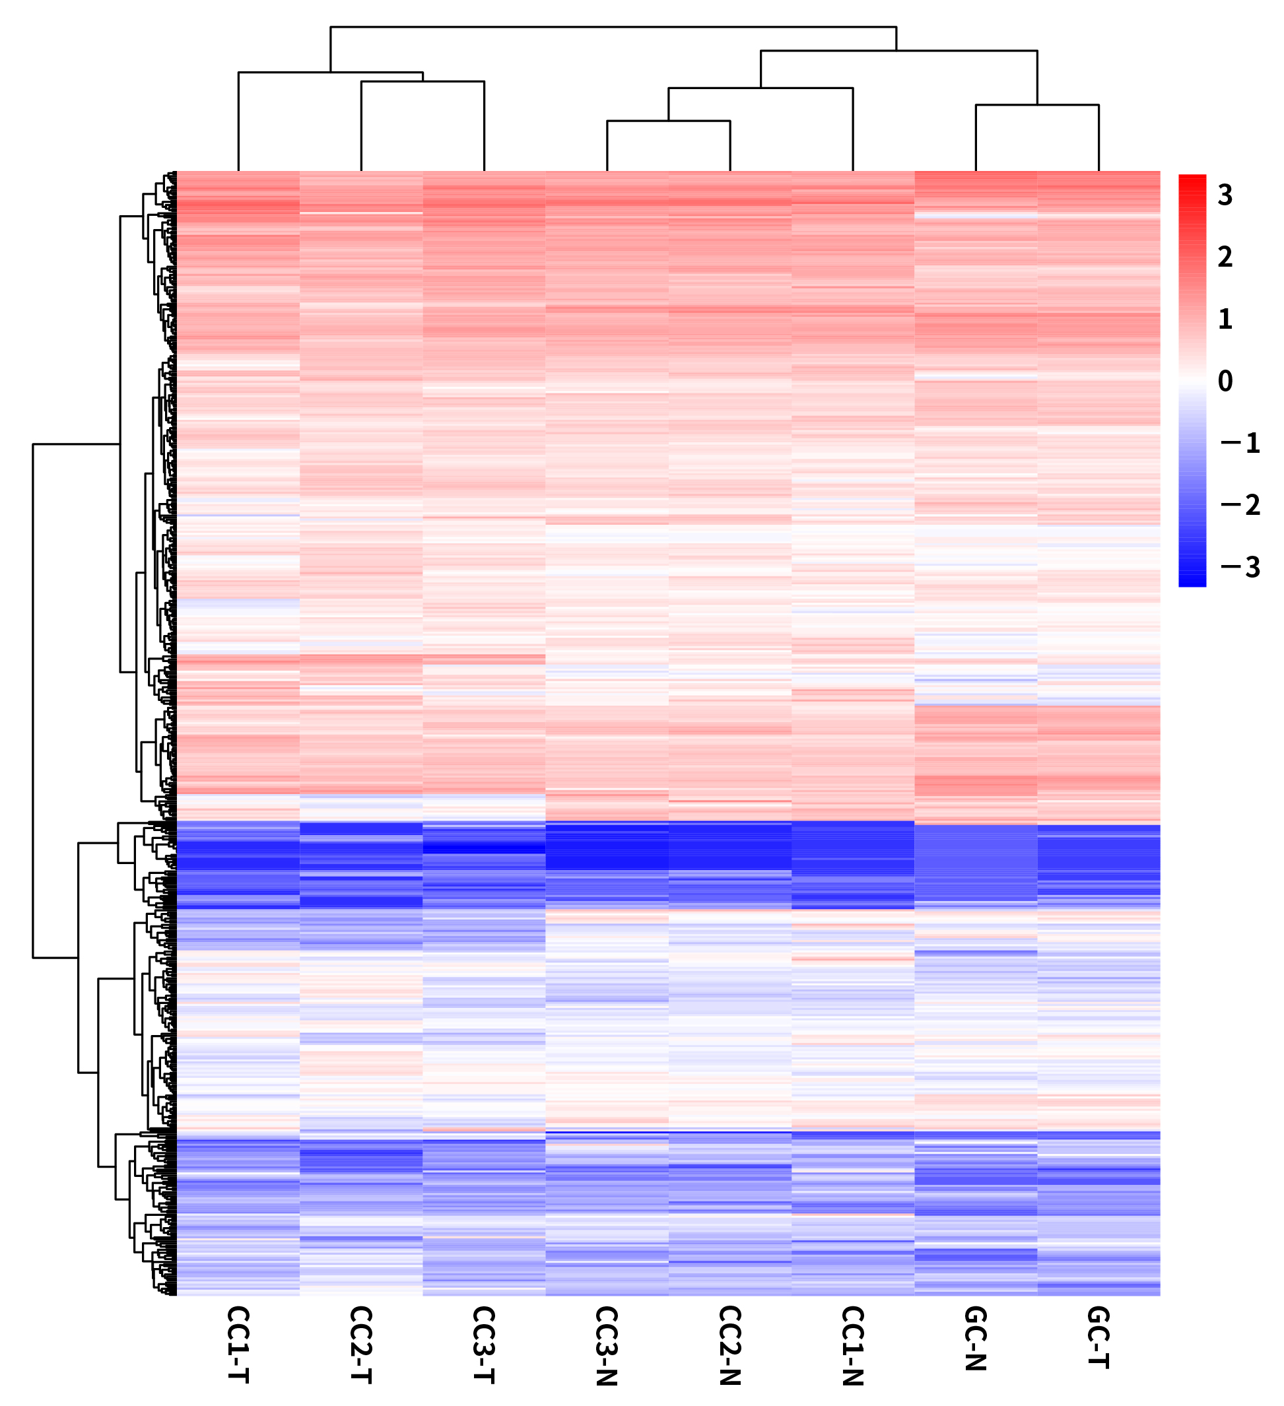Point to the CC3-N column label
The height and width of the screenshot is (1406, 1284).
point(607,1345)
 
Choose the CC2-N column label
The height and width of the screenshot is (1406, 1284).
point(729,1345)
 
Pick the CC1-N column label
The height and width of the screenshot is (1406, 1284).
point(853,1345)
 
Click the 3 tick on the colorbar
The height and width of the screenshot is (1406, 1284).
point(1225,195)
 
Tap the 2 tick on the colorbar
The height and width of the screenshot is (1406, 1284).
point(1225,257)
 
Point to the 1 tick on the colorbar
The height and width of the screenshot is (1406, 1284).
point(1225,319)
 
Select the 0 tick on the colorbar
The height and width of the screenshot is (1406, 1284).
point(1225,381)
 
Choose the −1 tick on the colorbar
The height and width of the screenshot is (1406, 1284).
point(1240,443)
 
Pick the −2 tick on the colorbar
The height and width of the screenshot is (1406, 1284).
point(1240,505)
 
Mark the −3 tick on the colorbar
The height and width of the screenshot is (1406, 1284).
point(1240,567)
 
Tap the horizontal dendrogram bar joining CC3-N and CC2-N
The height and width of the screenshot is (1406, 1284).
point(668,121)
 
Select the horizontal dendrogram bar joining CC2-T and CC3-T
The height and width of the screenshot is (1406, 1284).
point(422,82)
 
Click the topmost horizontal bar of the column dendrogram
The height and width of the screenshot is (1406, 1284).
point(613,27)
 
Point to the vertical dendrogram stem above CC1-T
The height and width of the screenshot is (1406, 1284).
point(238,122)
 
